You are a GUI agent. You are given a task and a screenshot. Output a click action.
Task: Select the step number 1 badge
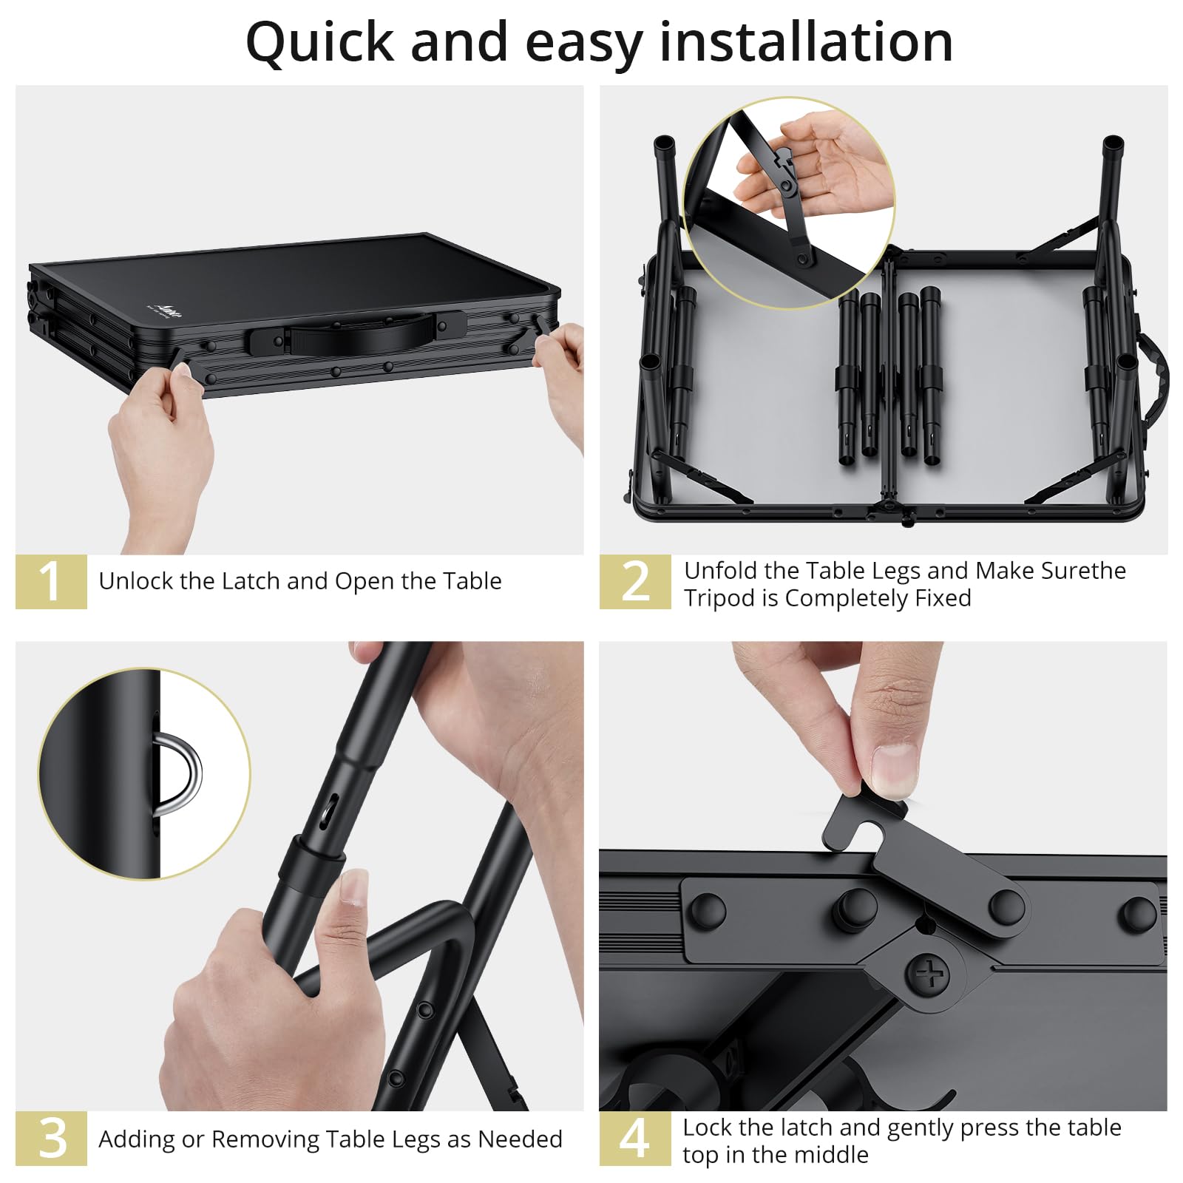[x=51, y=581]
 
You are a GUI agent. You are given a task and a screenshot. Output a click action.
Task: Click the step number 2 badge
[x=635, y=582]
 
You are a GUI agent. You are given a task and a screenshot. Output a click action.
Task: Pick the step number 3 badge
[x=51, y=1138]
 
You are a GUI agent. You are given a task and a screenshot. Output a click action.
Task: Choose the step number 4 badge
[x=635, y=1138]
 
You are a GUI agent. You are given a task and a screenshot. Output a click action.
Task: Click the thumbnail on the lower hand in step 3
[x=354, y=887]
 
